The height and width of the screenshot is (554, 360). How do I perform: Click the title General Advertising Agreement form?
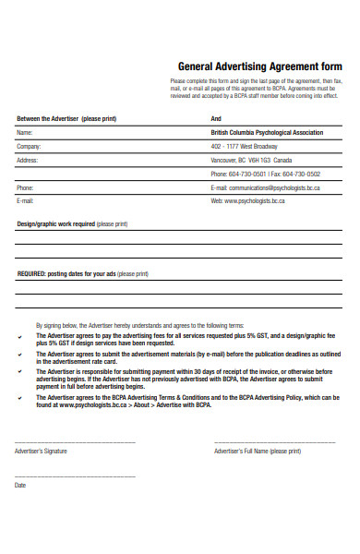(x=259, y=67)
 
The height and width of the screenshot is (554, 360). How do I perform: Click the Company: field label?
(x=30, y=146)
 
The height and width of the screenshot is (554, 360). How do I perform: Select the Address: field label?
(x=28, y=160)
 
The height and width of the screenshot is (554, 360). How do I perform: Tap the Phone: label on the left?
(x=25, y=187)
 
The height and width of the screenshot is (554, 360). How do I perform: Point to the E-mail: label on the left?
(x=25, y=200)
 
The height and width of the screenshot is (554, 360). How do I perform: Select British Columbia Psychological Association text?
(x=267, y=133)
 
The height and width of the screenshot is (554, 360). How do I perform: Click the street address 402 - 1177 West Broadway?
(x=244, y=147)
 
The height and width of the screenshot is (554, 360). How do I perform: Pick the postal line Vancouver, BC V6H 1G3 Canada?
(x=250, y=160)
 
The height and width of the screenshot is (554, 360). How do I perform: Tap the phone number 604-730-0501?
(x=248, y=174)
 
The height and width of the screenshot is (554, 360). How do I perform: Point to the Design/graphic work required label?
(x=56, y=224)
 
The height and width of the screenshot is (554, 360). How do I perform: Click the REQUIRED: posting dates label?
(x=65, y=274)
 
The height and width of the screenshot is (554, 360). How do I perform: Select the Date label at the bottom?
(x=20, y=485)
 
